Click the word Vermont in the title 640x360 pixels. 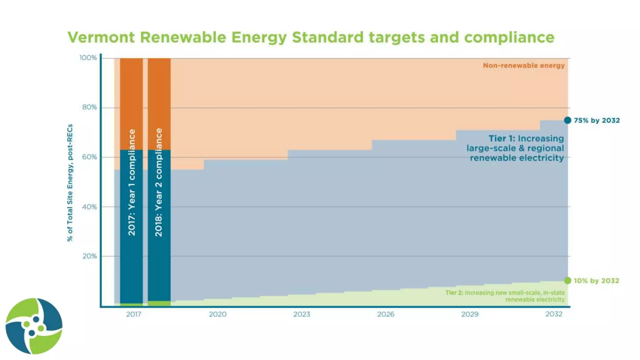(101, 37)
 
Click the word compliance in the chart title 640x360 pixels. (509, 37)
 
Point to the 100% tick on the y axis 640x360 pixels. (88, 58)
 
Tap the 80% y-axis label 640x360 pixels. (89, 107)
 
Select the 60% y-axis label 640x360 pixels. (89, 157)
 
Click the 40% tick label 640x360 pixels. (89, 207)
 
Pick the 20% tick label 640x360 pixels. (89, 256)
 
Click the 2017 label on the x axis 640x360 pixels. (133, 314)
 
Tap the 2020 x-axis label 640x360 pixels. (217, 314)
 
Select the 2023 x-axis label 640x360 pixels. (302, 314)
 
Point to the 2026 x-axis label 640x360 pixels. (386, 314)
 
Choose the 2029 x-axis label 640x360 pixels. (470, 314)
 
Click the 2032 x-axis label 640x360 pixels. (554, 314)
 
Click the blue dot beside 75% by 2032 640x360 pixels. (567, 120)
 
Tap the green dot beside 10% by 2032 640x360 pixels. (567, 281)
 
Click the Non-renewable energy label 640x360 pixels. (524, 66)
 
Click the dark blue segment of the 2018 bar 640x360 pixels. (159, 269)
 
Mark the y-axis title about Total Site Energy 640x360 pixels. (70, 183)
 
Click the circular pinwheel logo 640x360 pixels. (34, 326)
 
